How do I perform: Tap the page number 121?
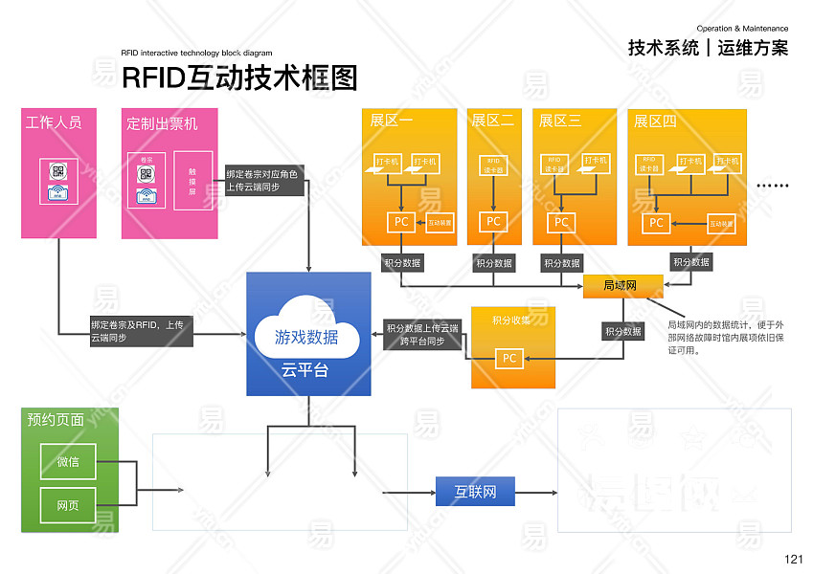(x=793, y=560)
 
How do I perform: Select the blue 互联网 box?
(x=475, y=492)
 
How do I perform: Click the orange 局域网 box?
(x=623, y=285)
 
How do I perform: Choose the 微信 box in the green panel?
(x=68, y=462)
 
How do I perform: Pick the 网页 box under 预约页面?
(x=68, y=504)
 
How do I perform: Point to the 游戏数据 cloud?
(x=306, y=337)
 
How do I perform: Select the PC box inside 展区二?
(x=493, y=222)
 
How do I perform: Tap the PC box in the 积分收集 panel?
(x=509, y=359)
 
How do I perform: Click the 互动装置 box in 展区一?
(x=440, y=222)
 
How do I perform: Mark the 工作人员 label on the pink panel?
(x=54, y=122)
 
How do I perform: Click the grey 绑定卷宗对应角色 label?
(x=262, y=181)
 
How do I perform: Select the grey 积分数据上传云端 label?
(x=422, y=334)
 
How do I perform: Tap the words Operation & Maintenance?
(x=742, y=30)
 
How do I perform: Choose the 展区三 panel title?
(x=560, y=121)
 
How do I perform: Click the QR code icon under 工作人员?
(x=58, y=171)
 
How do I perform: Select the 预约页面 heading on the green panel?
(x=56, y=419)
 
